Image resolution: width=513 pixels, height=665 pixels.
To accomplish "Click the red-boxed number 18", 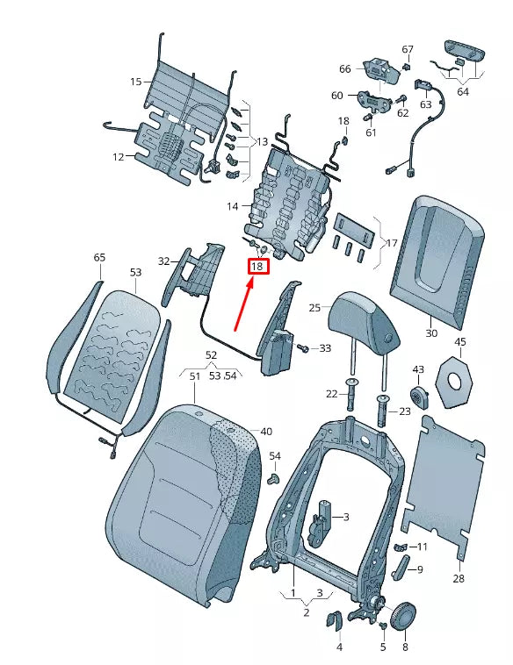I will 258,266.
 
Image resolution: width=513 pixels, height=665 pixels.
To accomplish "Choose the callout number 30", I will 430,333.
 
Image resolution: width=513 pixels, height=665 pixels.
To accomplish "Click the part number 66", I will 344,69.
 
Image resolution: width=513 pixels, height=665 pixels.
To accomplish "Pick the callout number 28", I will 459,578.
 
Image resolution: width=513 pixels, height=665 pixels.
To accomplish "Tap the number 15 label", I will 136,82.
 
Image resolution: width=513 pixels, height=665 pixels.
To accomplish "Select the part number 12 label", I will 118,157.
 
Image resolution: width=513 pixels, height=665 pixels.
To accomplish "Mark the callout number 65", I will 99,257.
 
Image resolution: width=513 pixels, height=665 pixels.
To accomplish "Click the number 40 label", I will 266,431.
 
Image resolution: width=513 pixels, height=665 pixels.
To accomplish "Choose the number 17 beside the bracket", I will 392,243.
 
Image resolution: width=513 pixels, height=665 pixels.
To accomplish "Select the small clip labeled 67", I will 408,65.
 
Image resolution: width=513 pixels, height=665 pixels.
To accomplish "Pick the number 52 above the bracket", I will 211,354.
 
